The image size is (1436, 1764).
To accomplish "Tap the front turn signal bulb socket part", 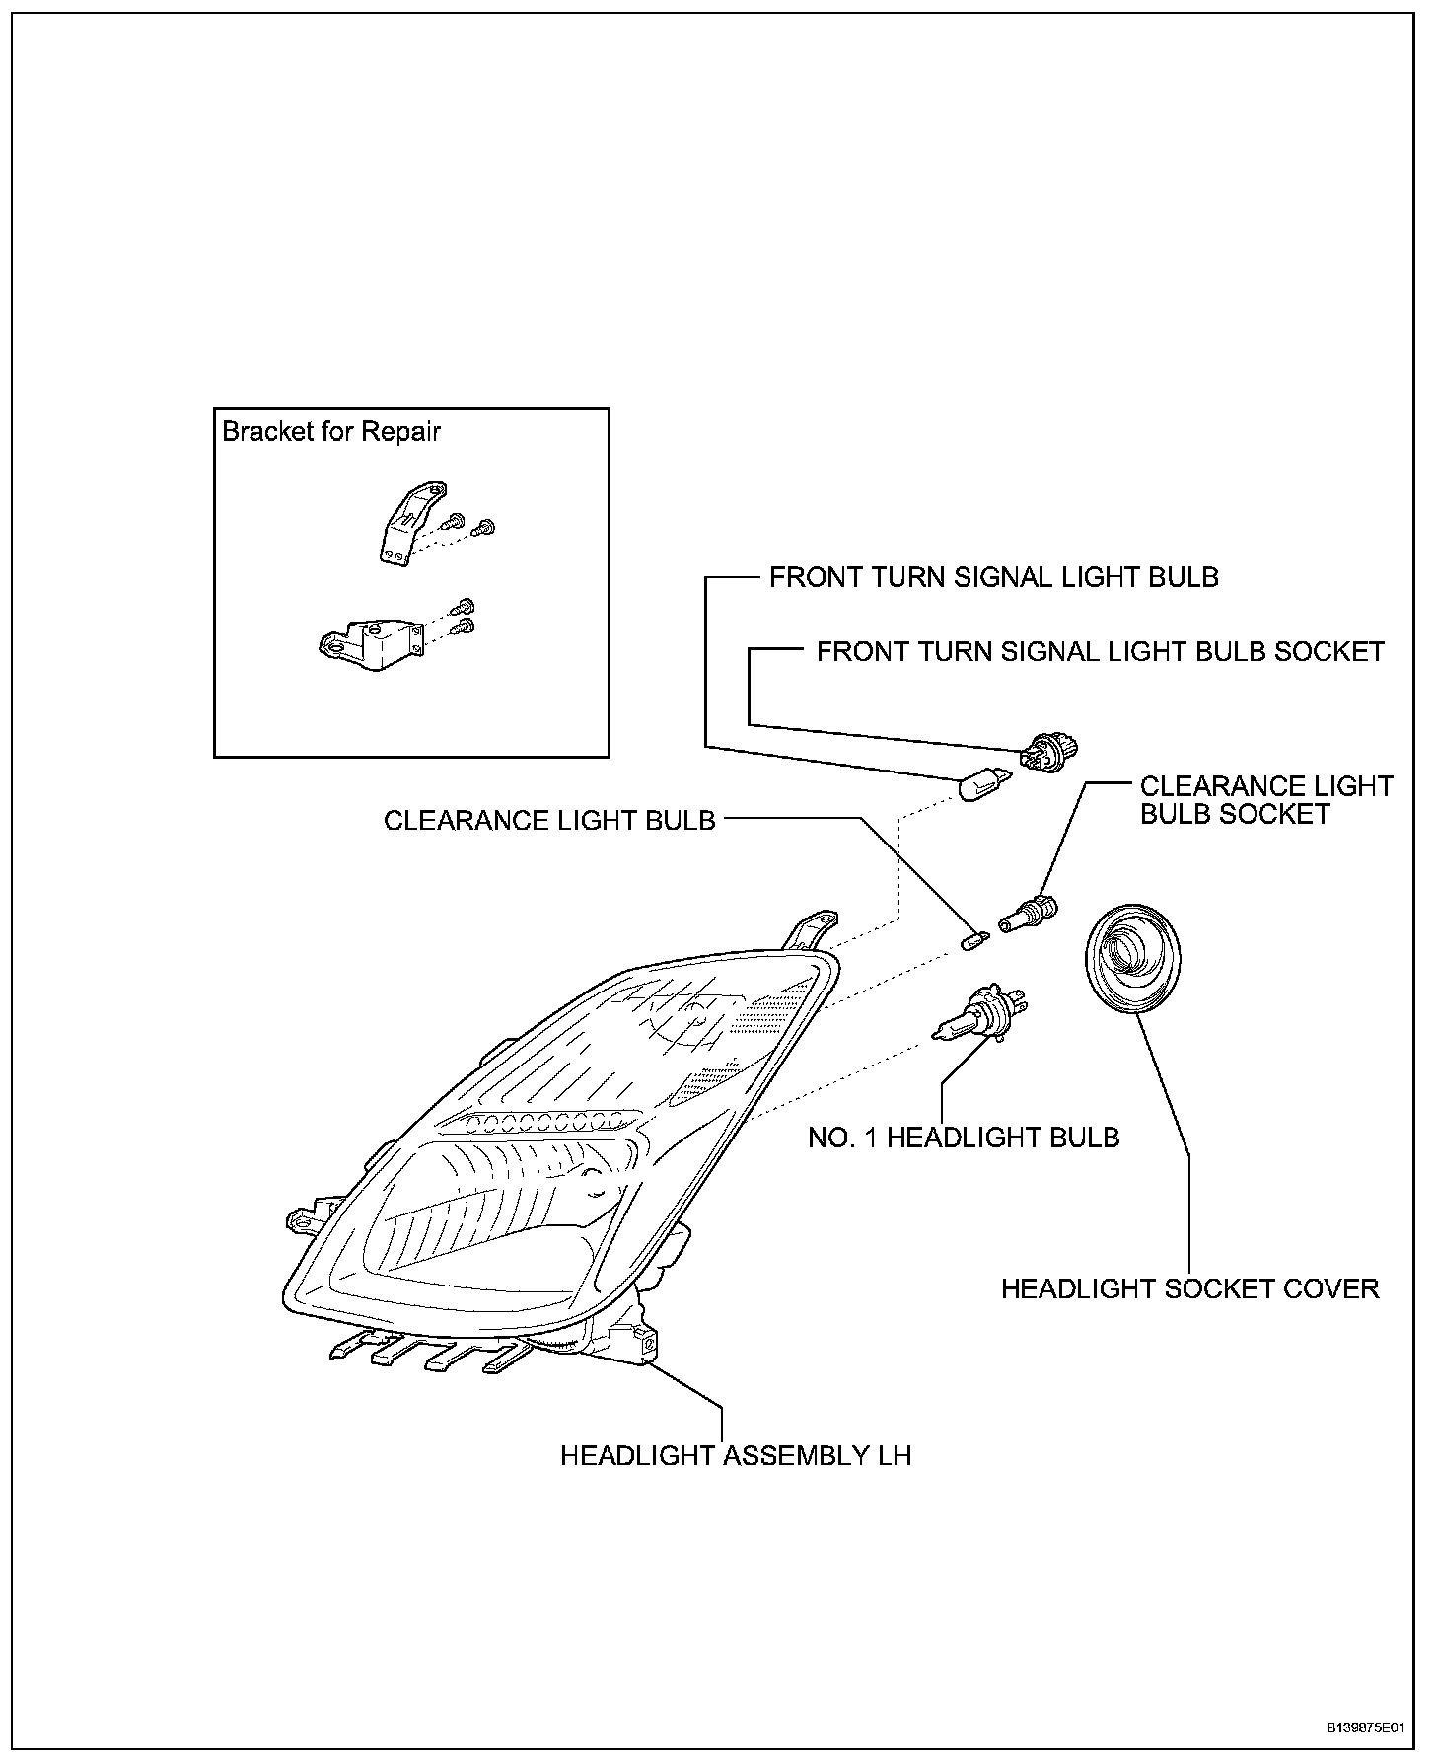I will pyautogui.click(x=1048, y=754).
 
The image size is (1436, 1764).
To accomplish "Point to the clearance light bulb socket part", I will pyautogui.click(x=1029, y=913).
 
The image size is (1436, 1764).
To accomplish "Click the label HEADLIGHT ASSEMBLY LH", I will pyautogui.click(x=736, y=1455).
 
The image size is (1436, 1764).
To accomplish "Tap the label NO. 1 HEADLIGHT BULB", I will pyautogui.click(x=964, y=1138).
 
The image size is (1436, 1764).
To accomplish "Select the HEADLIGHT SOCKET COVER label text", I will pyautogui.click(x=1189, y=1288).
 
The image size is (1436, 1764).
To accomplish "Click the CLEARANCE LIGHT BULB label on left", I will pyautogui.click(x=549, y=821).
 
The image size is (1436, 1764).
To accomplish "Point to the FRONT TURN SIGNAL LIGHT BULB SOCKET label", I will pyautogui.click(x=1101, y=652).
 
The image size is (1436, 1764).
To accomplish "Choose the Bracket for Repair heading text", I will pyautogui.click(x=331, y=432).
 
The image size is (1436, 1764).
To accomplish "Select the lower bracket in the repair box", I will pyautogui.click(x=369, y=641).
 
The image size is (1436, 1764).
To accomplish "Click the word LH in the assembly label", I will pyautogui.click(x=895, y=1455).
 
